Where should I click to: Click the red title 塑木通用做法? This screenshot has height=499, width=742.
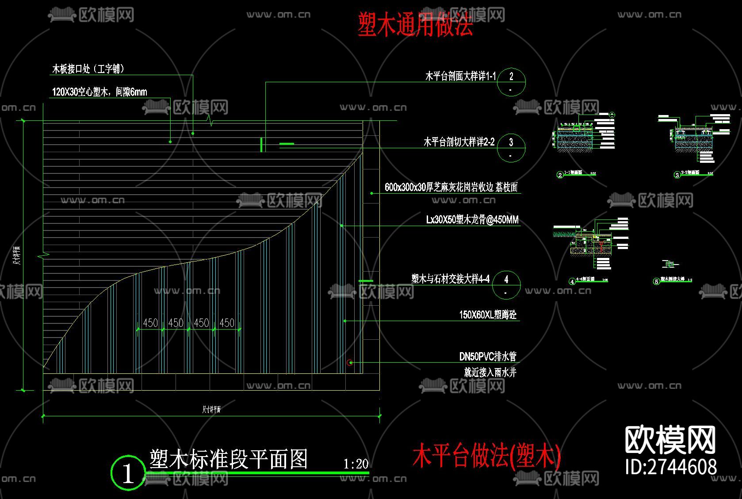[x=415, y=24]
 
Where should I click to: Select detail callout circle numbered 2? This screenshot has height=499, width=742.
[x=511, y=82]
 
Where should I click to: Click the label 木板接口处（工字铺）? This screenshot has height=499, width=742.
[x=88, y=69]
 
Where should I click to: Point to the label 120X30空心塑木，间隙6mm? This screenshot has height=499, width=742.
[x=99, y=92]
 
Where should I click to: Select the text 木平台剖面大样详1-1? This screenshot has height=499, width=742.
[x=460, y=77]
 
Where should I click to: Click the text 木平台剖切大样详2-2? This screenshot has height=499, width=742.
[x=459, y=142]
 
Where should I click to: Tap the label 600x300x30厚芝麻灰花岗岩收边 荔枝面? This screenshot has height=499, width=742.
[x=451, y=187]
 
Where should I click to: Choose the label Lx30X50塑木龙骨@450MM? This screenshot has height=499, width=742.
[x=472, y=220]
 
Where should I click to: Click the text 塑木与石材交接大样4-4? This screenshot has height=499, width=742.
[x=450, y=279]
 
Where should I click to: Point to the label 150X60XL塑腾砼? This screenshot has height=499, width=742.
[x=488, y=315]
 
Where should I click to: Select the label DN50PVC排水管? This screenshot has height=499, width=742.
[x=488, y=357]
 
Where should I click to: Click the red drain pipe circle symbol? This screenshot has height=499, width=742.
[x=350, y=363]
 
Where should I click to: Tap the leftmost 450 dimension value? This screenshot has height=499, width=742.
[x=150, y=323]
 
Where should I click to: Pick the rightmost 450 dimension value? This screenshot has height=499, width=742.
[x=227, y=323]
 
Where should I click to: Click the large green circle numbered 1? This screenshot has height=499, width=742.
[x=128, y=473]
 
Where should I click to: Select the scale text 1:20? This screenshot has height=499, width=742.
[x=356, y=464]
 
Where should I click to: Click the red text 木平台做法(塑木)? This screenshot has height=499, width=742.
[x=486, y=456]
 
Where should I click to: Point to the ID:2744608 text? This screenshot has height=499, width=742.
[x=671, y=467]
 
